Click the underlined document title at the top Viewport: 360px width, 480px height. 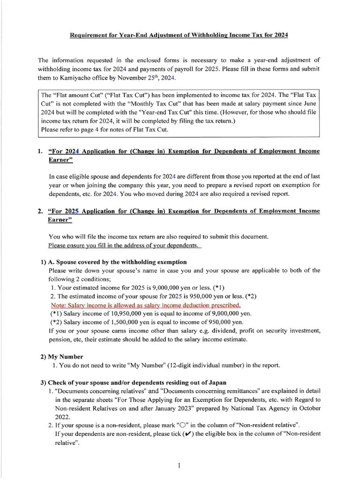pos(180,35)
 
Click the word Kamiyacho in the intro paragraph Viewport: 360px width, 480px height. pos(69,77)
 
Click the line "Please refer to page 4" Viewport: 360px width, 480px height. pos(104,129)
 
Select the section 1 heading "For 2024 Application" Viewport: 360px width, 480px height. pos(184,151)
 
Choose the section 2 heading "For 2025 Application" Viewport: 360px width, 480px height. pos(184,211)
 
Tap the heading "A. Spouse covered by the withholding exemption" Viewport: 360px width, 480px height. pos(117,262)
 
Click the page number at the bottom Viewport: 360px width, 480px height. pos(180,465)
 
